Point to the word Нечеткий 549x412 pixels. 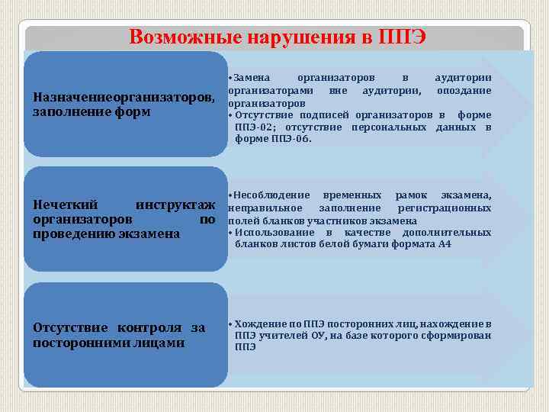click(66, 205)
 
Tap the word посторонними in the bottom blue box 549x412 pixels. click(83, 343)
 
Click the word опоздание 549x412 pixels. click(464, 90)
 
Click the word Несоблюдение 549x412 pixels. click(272, 195)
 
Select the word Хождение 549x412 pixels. click(259, 323)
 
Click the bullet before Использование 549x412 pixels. click(231, 233)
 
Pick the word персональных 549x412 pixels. click(391, 127)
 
